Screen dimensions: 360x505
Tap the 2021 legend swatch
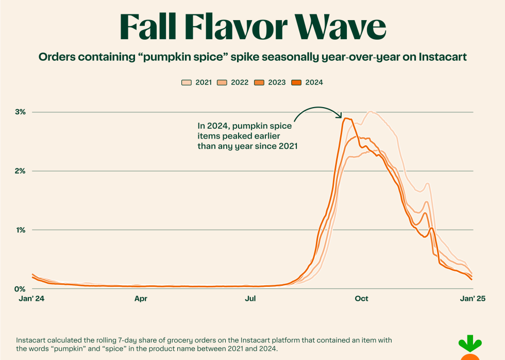[x=187, y=82]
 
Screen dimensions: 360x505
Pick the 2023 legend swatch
[x=260, y=82]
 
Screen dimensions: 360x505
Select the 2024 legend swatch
[x=297, y=82]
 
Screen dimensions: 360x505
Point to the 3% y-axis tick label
[x=21, y=112]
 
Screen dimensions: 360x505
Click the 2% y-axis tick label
[x=21, y=171]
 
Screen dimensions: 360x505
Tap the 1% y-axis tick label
[x=21, y=230]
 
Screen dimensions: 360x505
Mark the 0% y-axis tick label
[x=20, y=288]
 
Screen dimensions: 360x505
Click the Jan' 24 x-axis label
[x=32, y=299]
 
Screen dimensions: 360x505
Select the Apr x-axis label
[x=141, y=299]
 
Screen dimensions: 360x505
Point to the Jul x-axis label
[x=251, y=299]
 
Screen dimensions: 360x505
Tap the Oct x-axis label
[x=361, y=299]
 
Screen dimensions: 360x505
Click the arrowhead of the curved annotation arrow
[x=341, y=116]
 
